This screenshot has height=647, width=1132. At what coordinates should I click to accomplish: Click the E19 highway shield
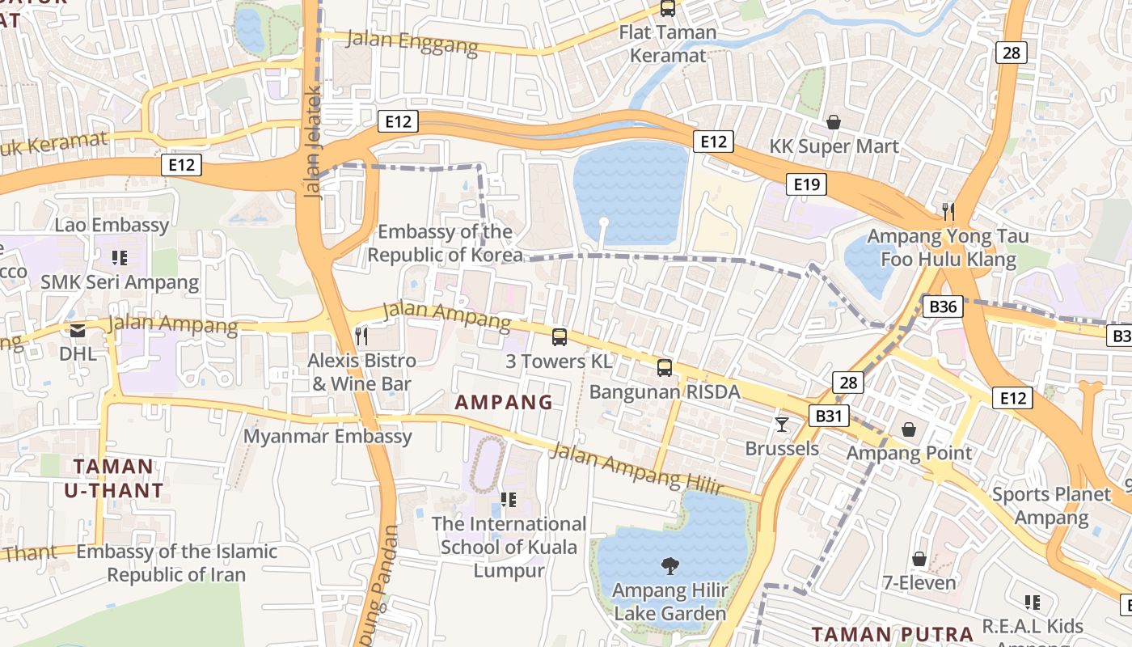806,184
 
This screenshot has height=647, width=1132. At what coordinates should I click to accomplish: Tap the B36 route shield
943,307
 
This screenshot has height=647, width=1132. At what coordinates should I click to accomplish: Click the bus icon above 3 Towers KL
560,337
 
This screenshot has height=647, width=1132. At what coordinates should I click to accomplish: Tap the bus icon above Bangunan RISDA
665,368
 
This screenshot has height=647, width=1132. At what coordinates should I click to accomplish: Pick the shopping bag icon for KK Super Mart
834,122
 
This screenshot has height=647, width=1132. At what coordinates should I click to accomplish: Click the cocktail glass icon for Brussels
781,424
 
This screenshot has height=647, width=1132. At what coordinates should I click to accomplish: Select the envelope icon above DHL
78,330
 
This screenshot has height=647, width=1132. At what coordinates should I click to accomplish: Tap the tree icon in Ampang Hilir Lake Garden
669,566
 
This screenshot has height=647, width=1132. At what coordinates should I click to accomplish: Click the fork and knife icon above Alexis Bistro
361,336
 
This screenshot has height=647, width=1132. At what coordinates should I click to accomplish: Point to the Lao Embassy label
112,225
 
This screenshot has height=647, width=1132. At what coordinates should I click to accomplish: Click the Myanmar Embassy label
327,437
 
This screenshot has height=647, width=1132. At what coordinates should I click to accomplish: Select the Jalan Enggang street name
412,42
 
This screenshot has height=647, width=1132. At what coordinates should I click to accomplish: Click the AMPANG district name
504,402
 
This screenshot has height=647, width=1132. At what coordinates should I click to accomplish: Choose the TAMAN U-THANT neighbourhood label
113,477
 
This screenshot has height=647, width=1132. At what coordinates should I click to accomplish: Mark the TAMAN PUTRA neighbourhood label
892,634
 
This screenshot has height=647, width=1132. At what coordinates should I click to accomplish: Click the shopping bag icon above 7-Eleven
919,559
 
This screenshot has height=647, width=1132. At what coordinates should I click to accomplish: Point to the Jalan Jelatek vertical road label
314,142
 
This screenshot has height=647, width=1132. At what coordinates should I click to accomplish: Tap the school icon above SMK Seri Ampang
120,258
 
